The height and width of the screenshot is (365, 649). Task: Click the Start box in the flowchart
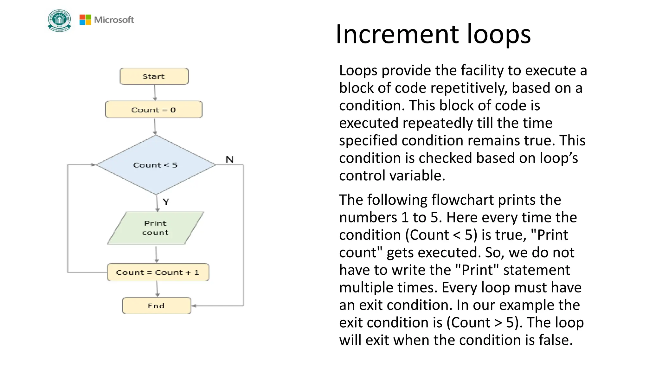154,76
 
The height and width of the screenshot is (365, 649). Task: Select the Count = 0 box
154,110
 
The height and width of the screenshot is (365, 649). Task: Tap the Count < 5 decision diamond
156,165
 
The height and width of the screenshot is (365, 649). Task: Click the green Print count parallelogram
155,228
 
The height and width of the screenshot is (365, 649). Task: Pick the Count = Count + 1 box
158,272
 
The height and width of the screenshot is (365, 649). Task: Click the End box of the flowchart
157,306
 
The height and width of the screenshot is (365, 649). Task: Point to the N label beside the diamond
230,159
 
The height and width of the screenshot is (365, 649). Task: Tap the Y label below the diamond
166,202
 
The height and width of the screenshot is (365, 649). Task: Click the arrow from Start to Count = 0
155,93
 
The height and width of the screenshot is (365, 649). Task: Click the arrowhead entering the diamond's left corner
93,165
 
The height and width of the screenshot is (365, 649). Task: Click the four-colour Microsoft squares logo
85,20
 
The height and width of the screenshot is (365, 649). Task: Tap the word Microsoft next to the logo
114,20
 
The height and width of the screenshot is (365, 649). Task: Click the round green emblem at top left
59,20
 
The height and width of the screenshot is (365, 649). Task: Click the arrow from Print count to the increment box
157,254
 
